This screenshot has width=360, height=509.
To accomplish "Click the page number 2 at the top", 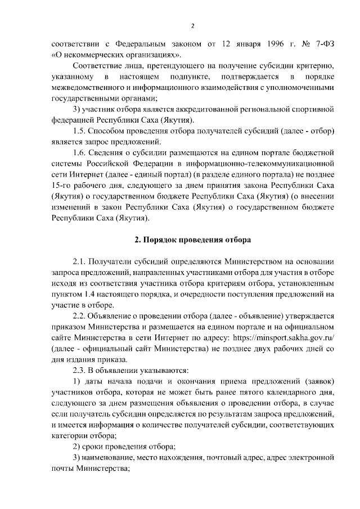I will pos(192,25).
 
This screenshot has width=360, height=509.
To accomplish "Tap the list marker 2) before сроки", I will pos(78,447).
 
